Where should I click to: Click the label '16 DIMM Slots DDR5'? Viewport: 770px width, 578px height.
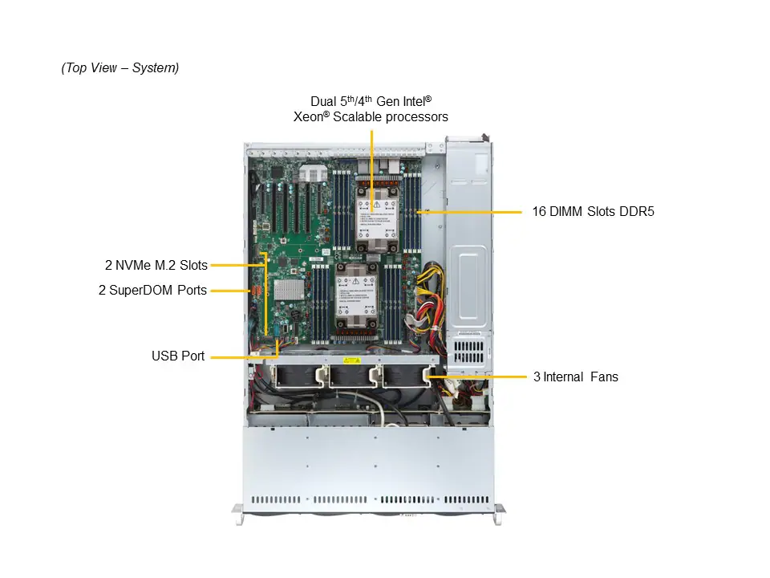[x=593, y=212]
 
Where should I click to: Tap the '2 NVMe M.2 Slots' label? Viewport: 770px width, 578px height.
[x=156, y=265]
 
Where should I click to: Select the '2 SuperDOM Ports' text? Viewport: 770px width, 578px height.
[x=152, y=290]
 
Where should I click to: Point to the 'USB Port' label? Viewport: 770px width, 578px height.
[x=178, y=356]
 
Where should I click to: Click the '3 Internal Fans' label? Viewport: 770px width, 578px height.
[x=575, y=376]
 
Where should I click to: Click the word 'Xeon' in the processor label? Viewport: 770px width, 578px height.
[x=310, y=116]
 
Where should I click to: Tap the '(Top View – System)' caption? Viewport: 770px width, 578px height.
[x=120, y=67]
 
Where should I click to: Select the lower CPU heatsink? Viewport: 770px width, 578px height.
[x=355, y=297]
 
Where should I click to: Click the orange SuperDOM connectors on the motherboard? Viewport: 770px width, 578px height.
[x=257, y=289]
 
